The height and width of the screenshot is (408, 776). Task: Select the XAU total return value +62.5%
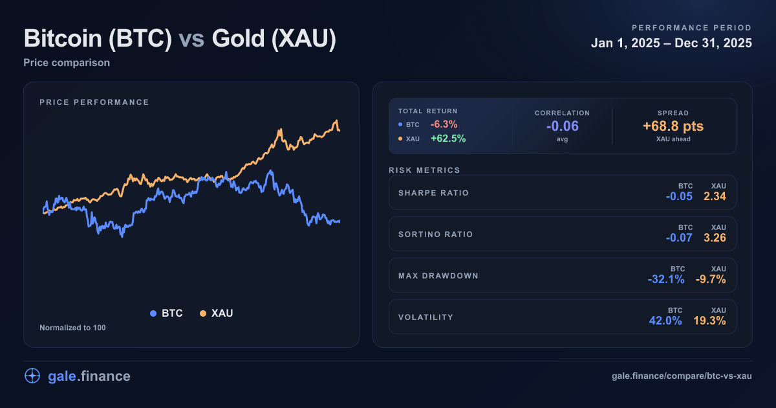pos(448,139)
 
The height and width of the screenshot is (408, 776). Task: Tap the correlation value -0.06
pos(562,126)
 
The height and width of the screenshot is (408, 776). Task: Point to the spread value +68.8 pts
pos(673,126)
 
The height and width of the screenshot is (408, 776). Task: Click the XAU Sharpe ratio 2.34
pos(715,196)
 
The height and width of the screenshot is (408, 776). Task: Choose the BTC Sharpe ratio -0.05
pos(679,196)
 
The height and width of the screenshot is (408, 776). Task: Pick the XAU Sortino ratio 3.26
pos(715,238)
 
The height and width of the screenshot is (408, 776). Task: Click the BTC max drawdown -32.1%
pos(666,279)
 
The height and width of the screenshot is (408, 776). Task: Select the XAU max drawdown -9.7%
pos(711,279)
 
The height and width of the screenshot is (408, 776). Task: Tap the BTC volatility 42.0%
pos(666,321)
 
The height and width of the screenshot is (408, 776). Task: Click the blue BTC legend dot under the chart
pos(153,313)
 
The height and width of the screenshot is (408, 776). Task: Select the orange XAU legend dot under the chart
pos(203,313)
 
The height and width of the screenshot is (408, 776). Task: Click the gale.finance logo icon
pos(32,376)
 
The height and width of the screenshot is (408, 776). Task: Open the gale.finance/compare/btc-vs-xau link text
pos(682,376)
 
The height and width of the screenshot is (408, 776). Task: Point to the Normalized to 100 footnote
pos(72,328)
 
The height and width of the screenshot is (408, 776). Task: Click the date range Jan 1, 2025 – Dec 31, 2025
pos(671,43)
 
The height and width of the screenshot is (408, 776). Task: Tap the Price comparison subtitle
pos(67,63)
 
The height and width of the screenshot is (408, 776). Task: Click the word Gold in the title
pos(238,39)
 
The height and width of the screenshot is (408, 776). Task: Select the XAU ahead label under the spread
pos(673,139)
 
